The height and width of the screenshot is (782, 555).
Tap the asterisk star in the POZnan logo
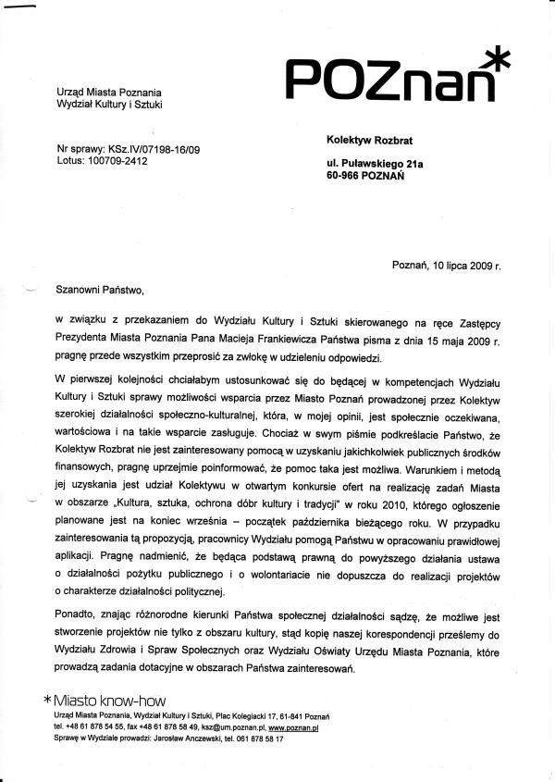(x=497, y=58)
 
